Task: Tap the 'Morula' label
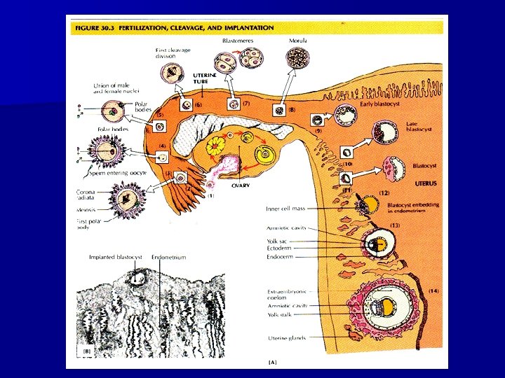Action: pos(299,41)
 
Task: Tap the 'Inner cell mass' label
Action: pos(285,208)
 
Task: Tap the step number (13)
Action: pos(394,225)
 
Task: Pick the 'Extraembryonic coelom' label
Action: pos(286,294)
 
